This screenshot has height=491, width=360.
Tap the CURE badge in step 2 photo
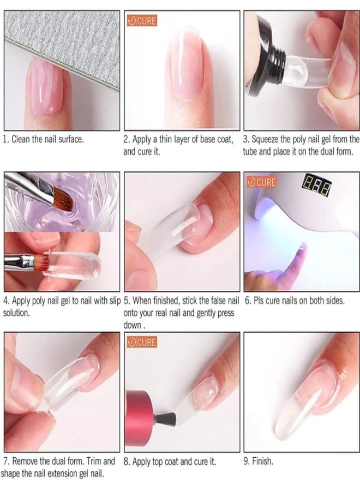tap(141, 21)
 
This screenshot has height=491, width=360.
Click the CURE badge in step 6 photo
tap(261, 182)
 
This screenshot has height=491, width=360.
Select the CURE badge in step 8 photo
tap(141, 343)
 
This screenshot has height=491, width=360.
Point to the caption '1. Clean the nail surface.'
tap(44, 140)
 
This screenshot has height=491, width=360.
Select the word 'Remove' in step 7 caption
tap(27, 462)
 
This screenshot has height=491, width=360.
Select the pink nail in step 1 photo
tap(46, 87)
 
